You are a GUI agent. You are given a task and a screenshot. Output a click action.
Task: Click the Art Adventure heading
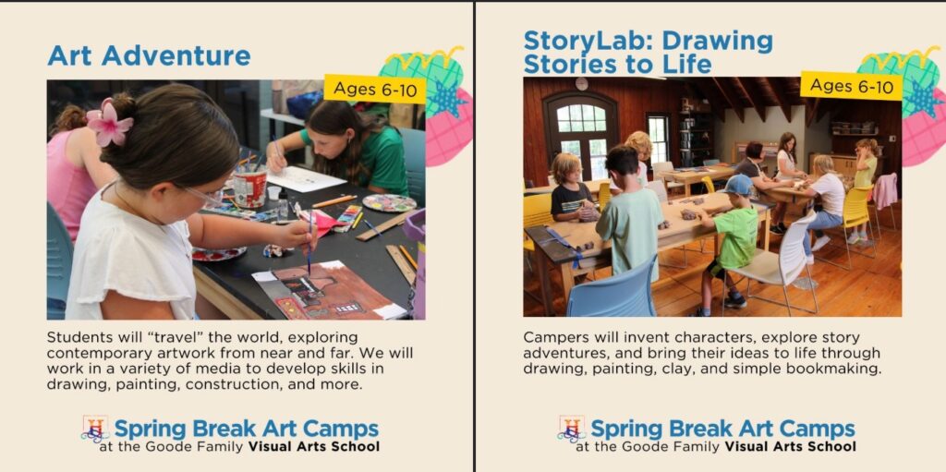(x=149, y=55)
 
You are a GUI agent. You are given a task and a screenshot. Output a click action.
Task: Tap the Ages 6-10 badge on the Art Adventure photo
(x=374, y=89)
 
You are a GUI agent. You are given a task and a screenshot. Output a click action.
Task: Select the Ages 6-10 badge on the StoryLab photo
(x=851, y=86)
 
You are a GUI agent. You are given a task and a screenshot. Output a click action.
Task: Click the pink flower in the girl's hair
(x=110, y=124)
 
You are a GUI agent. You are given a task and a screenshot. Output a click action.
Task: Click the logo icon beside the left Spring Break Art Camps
(x=95, y=429)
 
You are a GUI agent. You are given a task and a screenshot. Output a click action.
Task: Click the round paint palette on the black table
(x=389, y=202)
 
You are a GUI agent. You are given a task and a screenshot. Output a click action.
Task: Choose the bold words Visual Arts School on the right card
(x=790, y=447)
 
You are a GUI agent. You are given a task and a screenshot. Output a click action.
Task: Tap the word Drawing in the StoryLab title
(x=710, y=42)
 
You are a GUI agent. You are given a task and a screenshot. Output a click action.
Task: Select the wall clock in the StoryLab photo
(x=581, y=84)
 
